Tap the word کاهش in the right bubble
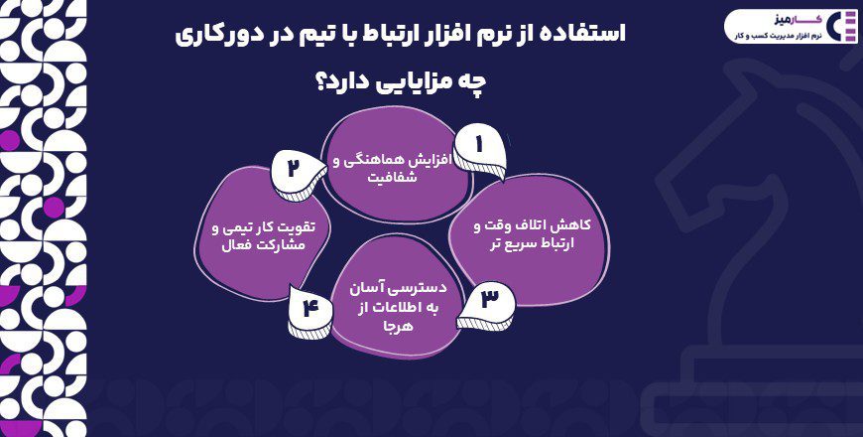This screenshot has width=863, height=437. (552, 224)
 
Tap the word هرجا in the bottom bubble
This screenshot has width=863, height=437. (383, 325)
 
